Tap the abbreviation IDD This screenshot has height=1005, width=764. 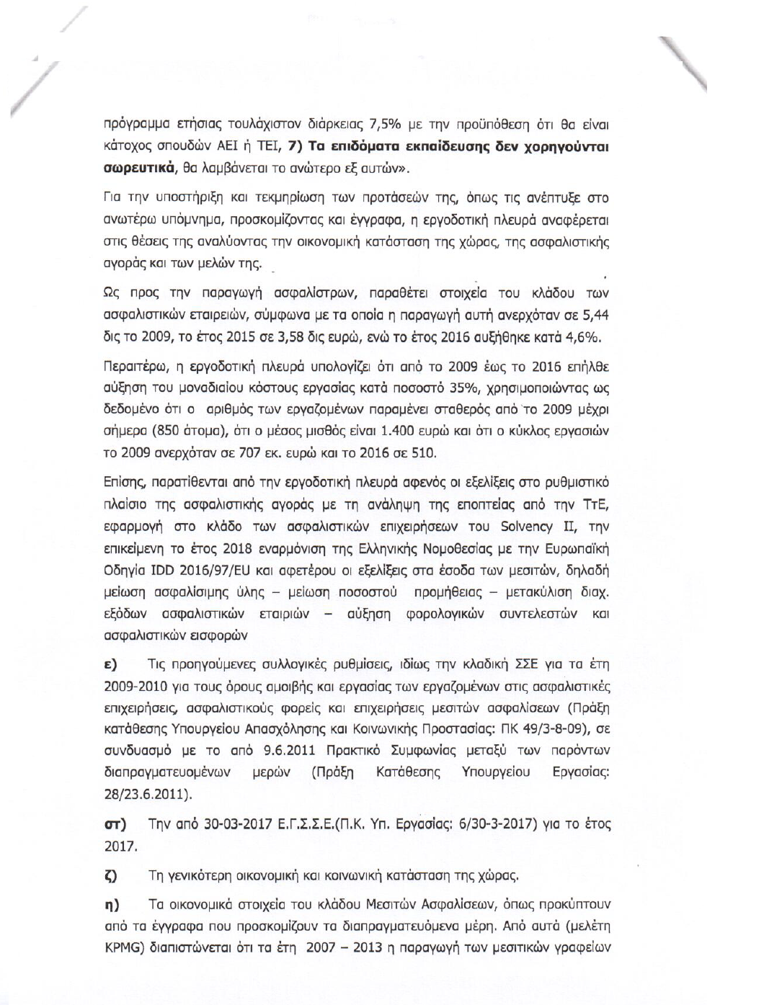[164, 571]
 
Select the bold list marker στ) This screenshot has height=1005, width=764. [115, 822]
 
